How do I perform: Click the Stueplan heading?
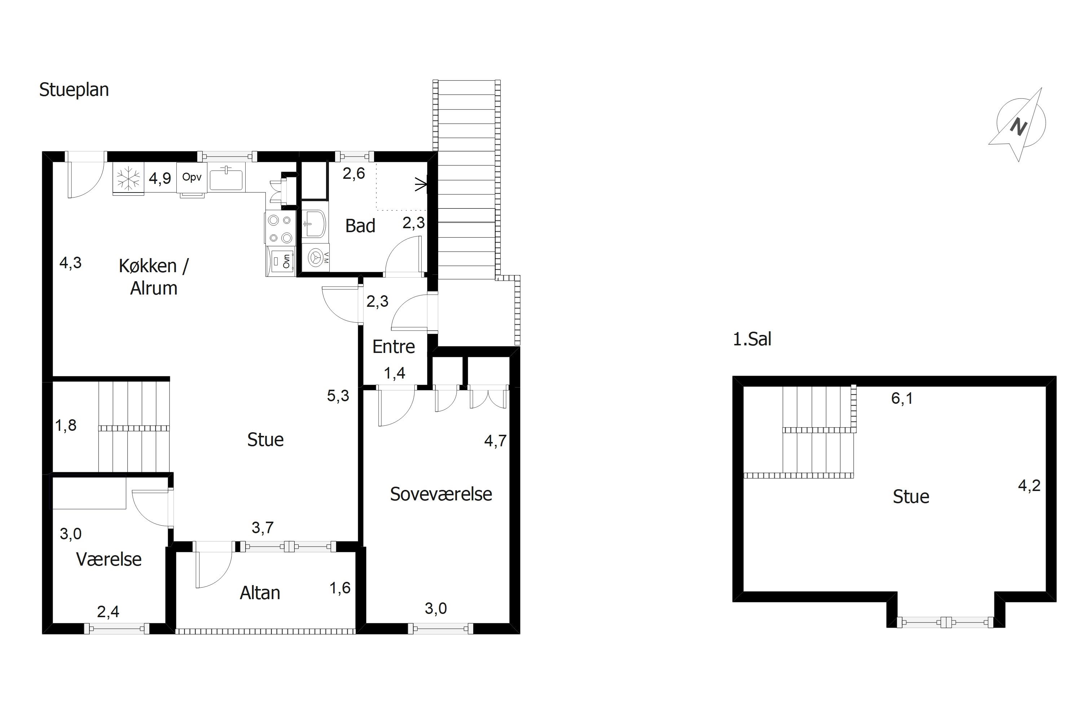point(74,90)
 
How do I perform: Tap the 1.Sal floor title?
point(752,339)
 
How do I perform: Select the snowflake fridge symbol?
point(128,178)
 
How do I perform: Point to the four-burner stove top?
point(280,229)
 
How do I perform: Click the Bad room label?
point(360,226)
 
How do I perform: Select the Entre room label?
point(393,346)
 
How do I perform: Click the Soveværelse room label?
point(441,494)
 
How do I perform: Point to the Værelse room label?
point(109,559)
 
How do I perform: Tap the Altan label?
point(260,593)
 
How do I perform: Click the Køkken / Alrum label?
point(154,277)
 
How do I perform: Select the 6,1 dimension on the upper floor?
point(902,398)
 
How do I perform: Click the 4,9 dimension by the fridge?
point(160,178)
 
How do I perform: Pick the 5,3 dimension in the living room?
point(338,395)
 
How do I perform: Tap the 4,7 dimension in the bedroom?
point(496,441)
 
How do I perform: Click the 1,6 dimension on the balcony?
point(340,588)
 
